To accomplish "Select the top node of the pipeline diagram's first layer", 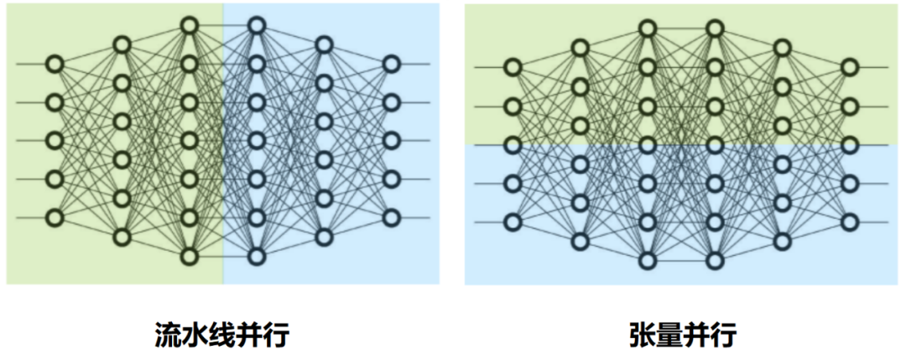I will (55, 64).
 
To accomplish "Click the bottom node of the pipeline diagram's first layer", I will (55, 217).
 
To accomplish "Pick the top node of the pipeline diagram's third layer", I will (190, 26).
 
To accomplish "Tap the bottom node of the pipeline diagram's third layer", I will (190, 256).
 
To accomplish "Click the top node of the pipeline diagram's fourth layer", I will (257, 26).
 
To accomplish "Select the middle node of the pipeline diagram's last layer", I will (391, 140).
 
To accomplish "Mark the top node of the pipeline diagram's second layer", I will (122, 44).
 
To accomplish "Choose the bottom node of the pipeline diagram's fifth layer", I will (324, 237).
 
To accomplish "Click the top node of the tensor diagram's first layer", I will (513, 67).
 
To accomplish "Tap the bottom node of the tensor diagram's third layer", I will (647, 260).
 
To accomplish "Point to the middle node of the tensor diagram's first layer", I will (513, 144).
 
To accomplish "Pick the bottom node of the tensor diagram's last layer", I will (850, 222).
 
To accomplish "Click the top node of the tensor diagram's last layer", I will (850, 67).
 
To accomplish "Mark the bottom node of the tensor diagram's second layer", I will (580, 241).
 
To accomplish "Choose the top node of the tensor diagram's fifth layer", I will (782, 48).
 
